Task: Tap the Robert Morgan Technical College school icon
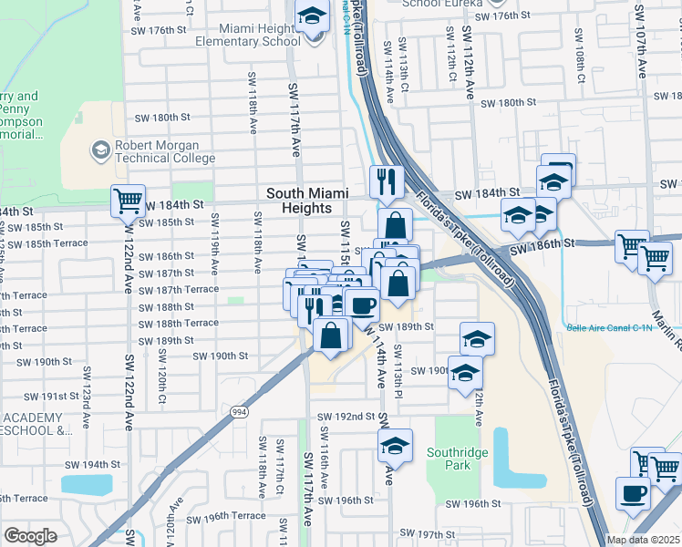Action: pyautogui.click(x=99, y=149)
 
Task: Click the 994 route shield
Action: pyautogui.click(x=240, y=412)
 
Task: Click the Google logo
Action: pyautogui.click(x=30, y=536)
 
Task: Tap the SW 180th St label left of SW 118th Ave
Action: pyautogui.click(x=162, y=118)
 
